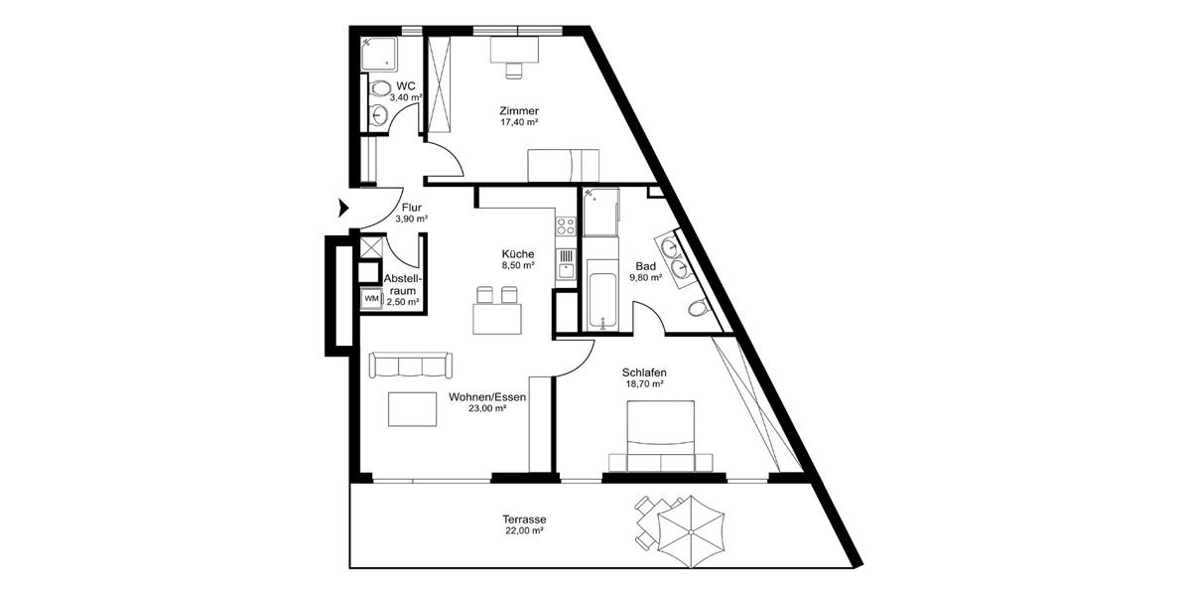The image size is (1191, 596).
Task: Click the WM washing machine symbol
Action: point(370,298)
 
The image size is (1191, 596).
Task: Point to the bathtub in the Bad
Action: point(601,295)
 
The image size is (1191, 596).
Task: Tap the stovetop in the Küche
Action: point(567,227)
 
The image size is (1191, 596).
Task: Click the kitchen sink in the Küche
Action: point(567,264)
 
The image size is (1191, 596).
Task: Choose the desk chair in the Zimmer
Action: point(513,70)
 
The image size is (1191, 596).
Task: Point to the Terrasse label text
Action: point(524,520)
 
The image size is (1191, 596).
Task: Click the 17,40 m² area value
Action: point(519,122)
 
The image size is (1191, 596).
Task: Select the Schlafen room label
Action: point(644,372)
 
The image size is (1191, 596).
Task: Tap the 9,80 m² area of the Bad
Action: point(648,278)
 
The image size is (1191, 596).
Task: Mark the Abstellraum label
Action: point(402,284)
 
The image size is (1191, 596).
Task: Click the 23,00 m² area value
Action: point(487,408)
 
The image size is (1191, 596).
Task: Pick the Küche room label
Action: point(518,253)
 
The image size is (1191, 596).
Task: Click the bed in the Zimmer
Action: point(563,163)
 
